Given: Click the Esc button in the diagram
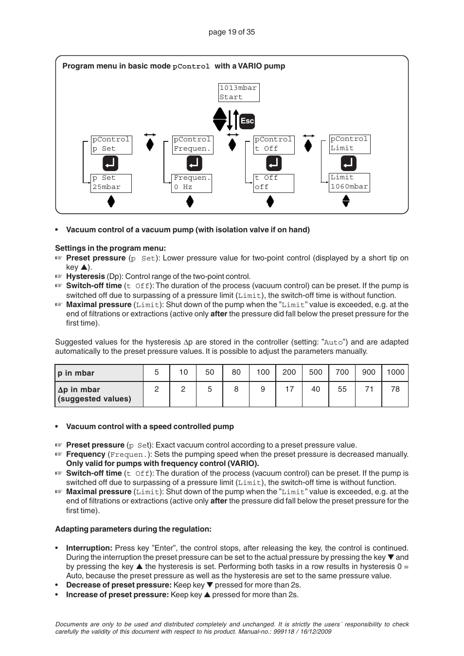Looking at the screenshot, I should pos(247,121).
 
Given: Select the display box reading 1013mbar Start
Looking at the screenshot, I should pos(238,92).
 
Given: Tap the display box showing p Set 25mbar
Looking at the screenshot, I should pos(111,183).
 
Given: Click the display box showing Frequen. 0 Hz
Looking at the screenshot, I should pos(192,183).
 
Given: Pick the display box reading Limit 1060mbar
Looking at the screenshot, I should pos(349,182).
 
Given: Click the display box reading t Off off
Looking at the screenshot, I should pos(274,183).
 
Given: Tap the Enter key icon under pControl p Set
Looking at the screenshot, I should pos(110,163).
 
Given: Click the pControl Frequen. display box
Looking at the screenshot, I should pos(192,144).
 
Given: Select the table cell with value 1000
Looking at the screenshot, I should pos(395,372).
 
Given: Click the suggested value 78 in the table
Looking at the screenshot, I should pos(395,389).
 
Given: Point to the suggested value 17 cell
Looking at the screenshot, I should pos(289,389).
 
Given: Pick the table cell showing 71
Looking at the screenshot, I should pos(369,389).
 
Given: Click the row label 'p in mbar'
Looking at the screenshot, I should pos(76,373).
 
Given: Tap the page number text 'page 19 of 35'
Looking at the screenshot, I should pos(232,32).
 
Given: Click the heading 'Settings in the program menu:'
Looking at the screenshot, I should pos(110,248).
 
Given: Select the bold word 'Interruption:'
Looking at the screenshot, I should pos(89,548).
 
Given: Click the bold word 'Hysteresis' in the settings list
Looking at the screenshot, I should pos(86,276).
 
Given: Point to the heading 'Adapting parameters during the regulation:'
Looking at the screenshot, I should pos(133,529).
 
